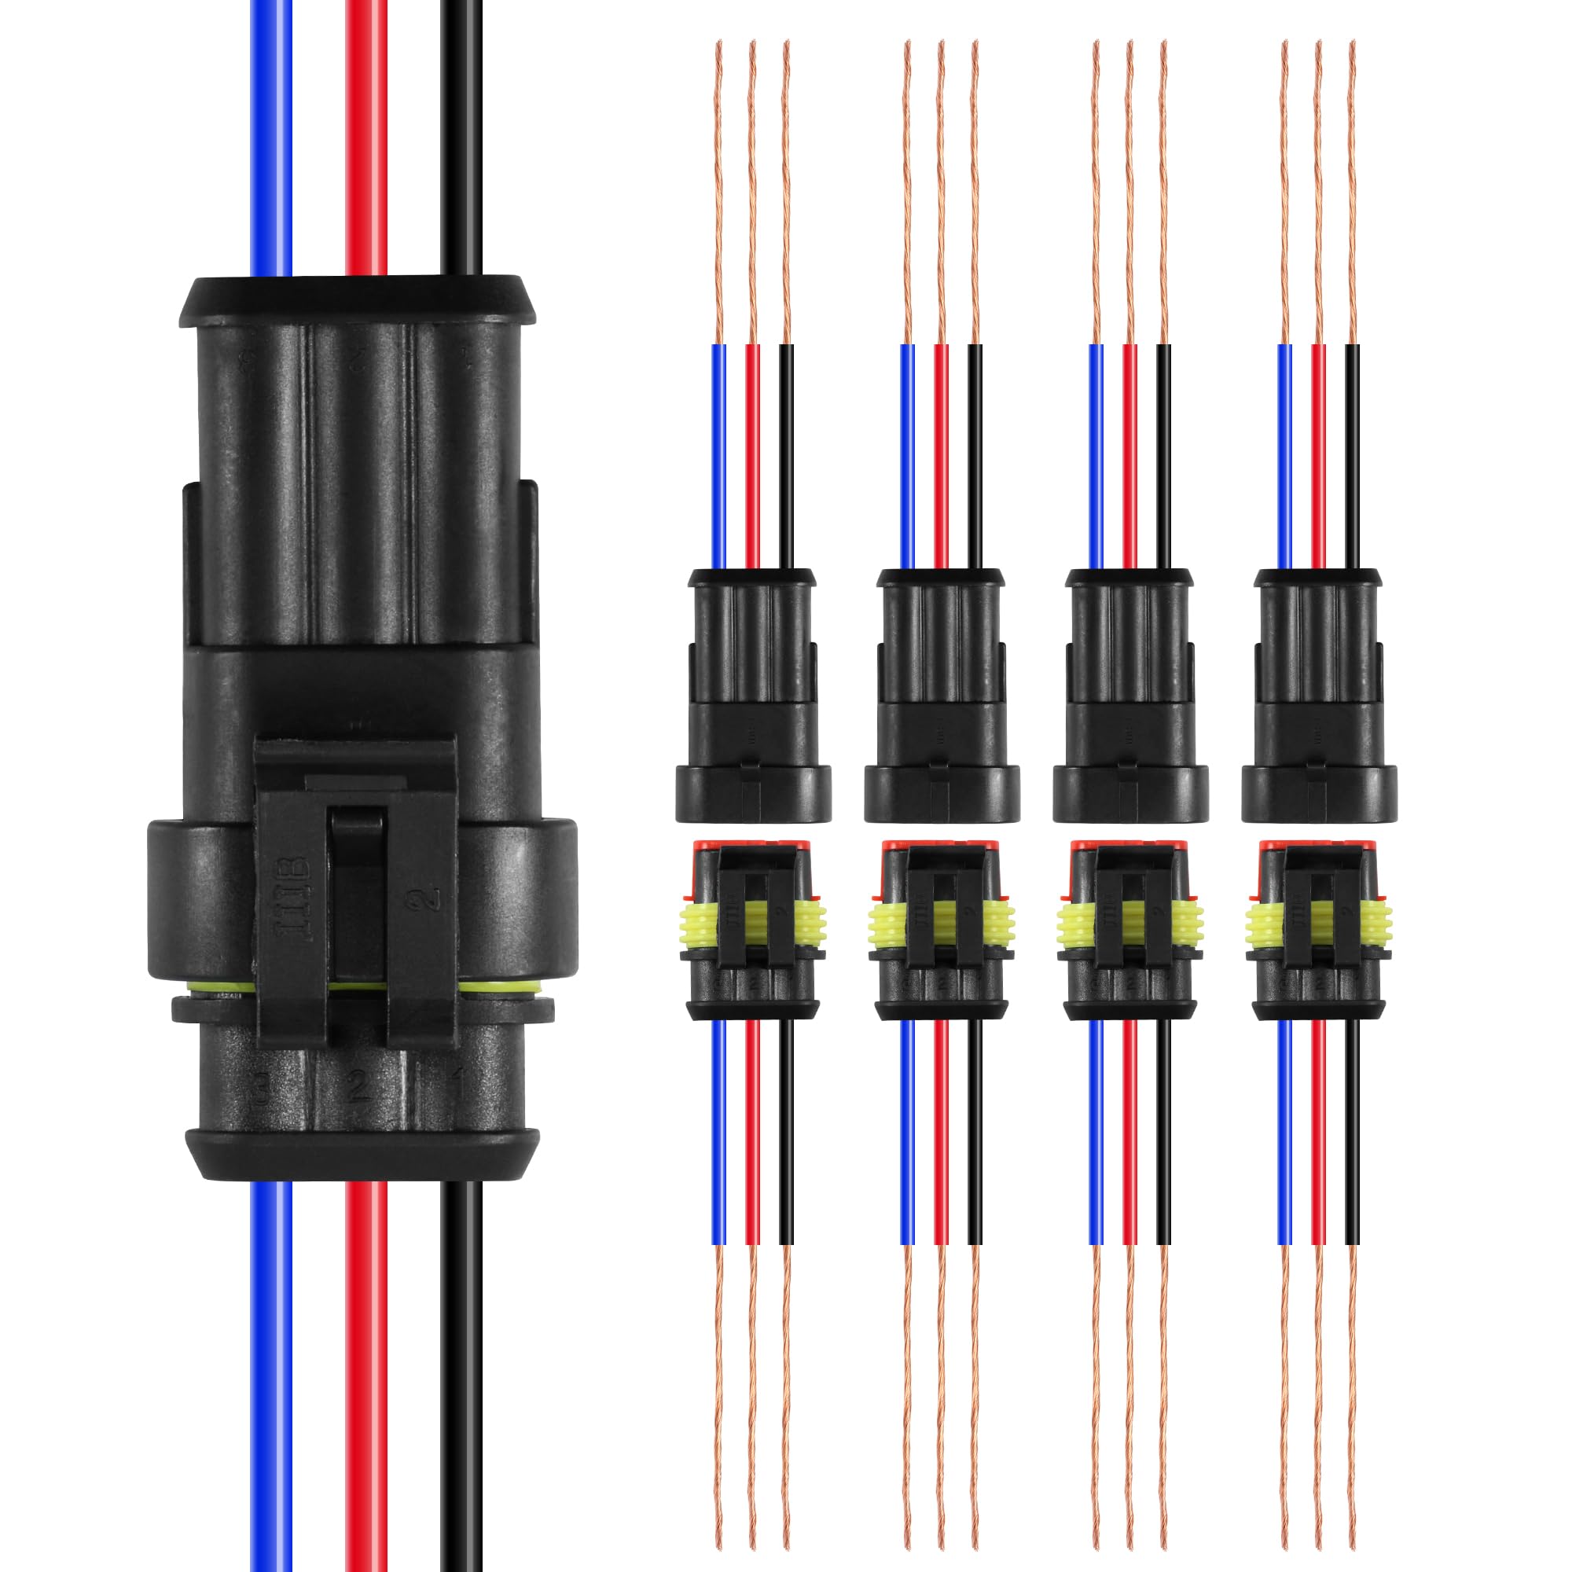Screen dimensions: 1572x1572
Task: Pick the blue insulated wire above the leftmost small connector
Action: click(x=718, y=456)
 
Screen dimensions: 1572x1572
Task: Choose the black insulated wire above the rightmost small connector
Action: click(x=1352, y=456)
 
